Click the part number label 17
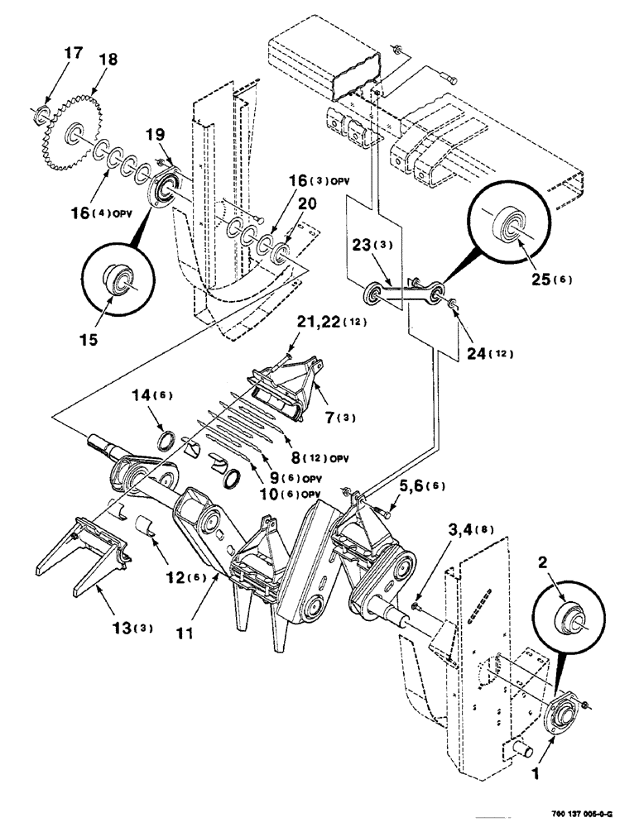point(74,54)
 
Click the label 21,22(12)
point(316,323)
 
